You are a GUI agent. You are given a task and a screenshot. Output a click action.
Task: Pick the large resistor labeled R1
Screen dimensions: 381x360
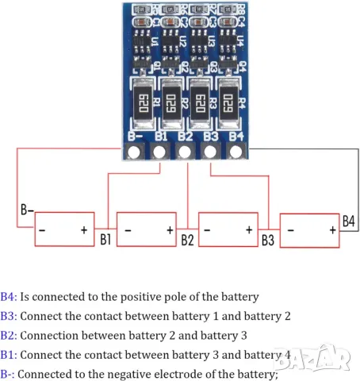144,103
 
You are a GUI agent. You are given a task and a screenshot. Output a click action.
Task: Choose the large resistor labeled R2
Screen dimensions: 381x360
170,103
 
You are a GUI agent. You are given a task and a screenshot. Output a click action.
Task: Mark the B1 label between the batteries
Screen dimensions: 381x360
105,238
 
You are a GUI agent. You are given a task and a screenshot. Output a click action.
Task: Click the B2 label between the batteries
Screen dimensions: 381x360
186,238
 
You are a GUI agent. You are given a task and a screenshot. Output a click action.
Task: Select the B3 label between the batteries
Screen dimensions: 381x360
267,238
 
